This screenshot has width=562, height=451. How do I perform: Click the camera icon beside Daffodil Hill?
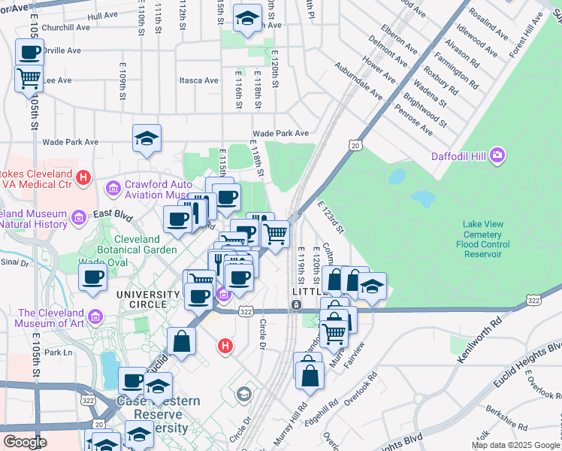click(497, 156)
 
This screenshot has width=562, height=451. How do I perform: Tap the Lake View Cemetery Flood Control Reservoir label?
click(486, 235)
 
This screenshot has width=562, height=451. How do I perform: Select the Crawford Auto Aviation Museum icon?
click(113, 186)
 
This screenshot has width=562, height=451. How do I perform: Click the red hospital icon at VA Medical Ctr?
click(84, 177)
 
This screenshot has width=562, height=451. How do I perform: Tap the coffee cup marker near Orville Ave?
click(29, 53)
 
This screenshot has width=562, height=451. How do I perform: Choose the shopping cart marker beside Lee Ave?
click(29, 77)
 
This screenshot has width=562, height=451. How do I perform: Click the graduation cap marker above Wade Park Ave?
click(147, 138)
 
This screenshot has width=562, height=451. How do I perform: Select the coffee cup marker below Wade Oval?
click(92, 277)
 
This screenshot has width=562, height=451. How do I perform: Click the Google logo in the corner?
click(25, 442)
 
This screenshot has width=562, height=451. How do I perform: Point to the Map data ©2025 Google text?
click(515, 445)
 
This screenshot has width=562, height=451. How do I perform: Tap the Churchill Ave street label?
click(66, 28)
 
